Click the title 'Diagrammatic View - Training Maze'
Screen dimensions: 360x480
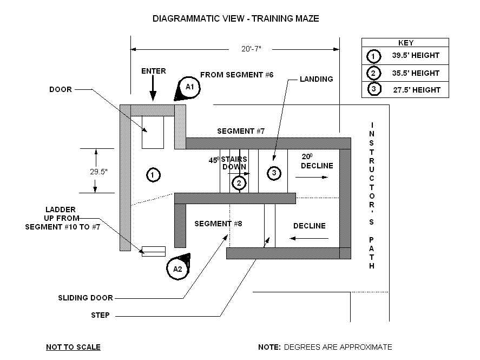(235, 18)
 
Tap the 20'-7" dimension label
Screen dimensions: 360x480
(251, 49)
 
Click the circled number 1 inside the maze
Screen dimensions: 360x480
(153, 174)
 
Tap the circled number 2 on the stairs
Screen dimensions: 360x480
(239, 184)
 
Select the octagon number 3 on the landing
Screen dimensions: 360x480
(274, 173)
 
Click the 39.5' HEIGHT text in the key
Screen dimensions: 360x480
(416, 55)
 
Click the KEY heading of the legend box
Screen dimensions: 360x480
(405, 42)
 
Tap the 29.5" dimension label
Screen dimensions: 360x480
(98, 171)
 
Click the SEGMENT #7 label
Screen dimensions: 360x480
(240, 131)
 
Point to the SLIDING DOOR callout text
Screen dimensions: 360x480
(86, 298)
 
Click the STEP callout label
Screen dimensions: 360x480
(101, 315)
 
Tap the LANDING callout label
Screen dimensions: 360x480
(317, 79)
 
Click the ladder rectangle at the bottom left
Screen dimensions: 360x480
(153, 251)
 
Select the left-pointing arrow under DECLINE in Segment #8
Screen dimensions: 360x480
(310, 238)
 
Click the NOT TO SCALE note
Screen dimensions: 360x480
(73, 347)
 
